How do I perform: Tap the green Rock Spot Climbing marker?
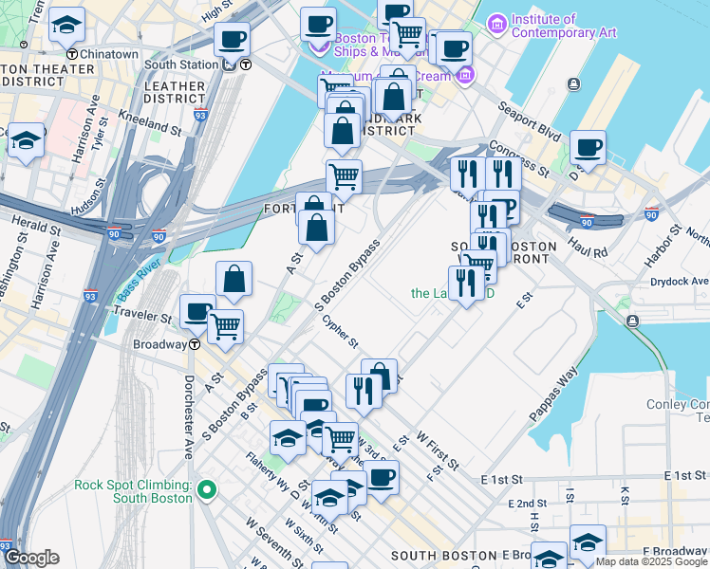(208, 490)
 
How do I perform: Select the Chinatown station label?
(108, 55)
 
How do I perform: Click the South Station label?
(180, 64)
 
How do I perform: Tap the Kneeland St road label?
(150, 121)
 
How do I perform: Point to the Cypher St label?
(339, 331)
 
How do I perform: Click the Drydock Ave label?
(680, 281)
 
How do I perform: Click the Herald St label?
(28, 220)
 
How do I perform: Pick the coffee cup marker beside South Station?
(232, 40)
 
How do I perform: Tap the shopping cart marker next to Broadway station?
(225, 326)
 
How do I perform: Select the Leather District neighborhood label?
(175, 93)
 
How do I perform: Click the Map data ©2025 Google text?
(651, 561)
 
